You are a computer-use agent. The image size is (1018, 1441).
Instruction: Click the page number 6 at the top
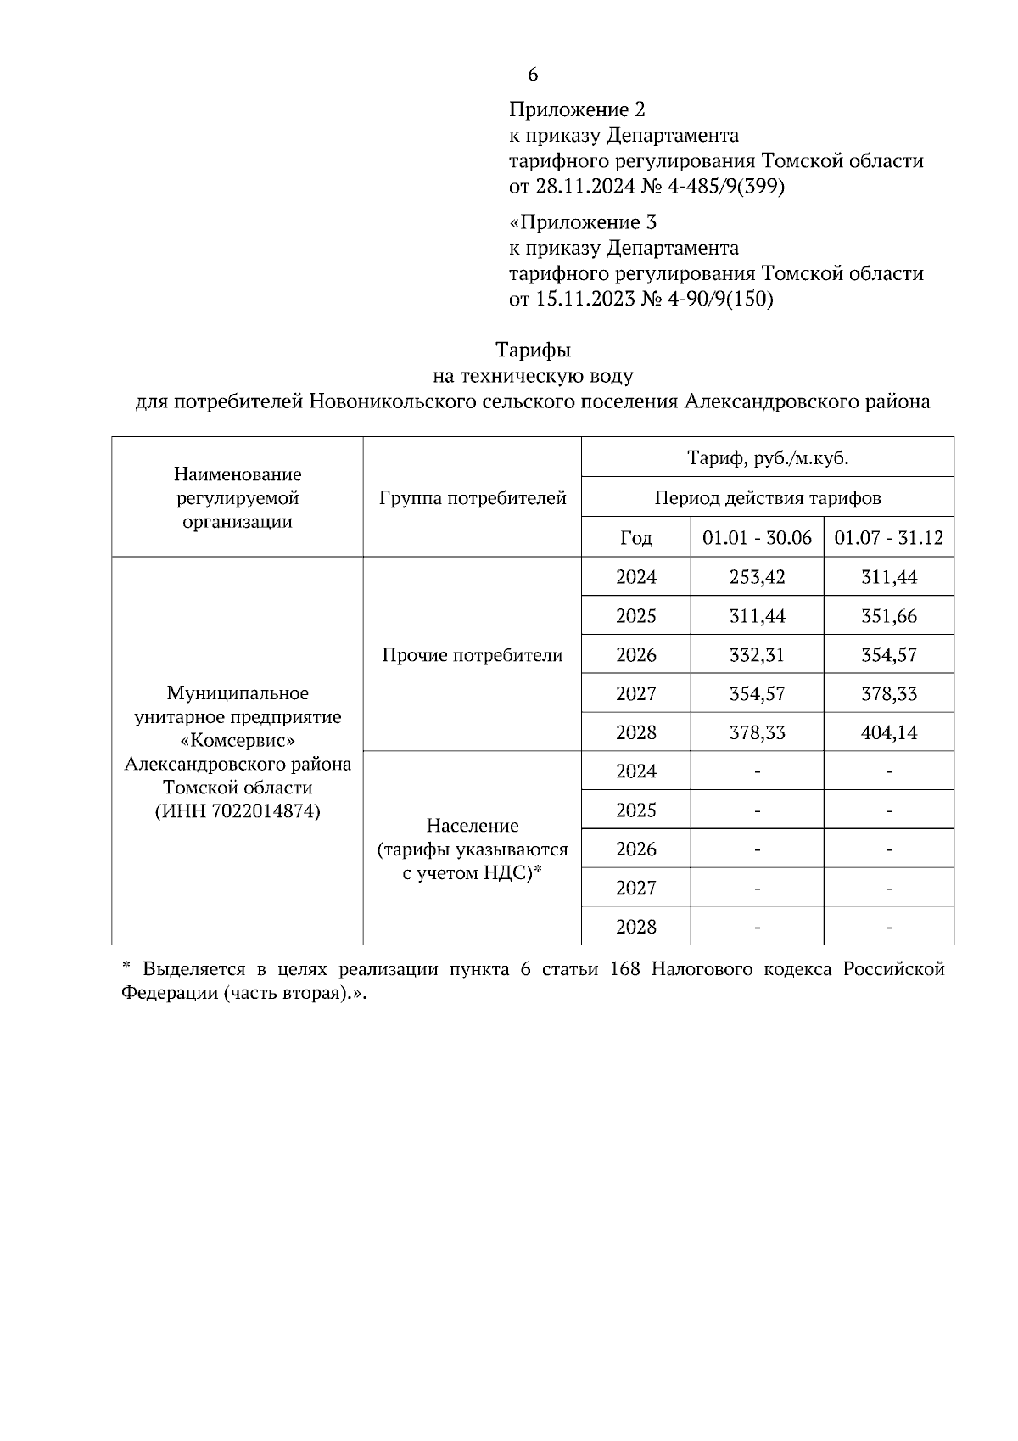pos(533,75)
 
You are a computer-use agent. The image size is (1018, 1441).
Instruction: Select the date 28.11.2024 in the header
pos(584,187)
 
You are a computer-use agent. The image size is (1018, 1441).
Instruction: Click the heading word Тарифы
pos(533,350)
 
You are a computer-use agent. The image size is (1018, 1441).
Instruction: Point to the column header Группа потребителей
pos(473,498)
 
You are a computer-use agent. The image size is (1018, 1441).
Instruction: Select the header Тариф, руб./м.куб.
pos(767,458)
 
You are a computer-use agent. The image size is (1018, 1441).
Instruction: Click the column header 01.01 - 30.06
pos(757,538)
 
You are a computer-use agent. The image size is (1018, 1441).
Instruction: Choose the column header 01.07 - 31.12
pos(888,538)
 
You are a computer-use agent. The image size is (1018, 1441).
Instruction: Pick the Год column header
pos(636,538)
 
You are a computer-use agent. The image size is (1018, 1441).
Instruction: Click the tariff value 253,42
pos(757,577)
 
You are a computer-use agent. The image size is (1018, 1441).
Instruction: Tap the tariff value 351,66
pos(888,616)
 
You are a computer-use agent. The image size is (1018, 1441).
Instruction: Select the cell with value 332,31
pos(757,655)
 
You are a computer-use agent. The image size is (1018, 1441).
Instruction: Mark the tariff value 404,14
pos(888,732)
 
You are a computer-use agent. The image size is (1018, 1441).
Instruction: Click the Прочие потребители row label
pos(473,655)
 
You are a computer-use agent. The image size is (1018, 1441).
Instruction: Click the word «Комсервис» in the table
pos(238,740)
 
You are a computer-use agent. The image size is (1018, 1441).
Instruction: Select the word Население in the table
pos(473,826)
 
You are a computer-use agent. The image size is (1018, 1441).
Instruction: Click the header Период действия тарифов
pos(767,498)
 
